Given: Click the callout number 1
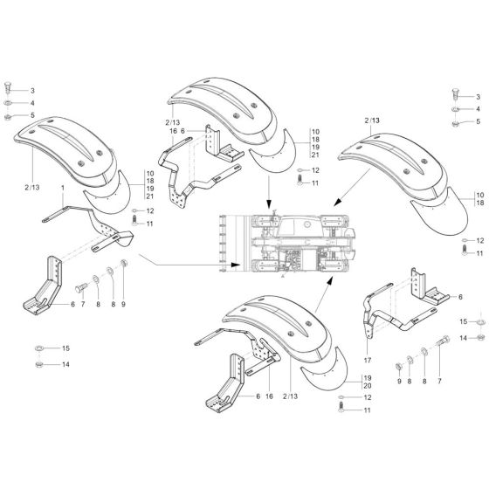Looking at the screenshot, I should (x=63, y=189).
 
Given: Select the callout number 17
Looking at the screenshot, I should (x=368, y=360).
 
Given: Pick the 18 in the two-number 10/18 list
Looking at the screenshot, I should (x=479, y=202).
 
